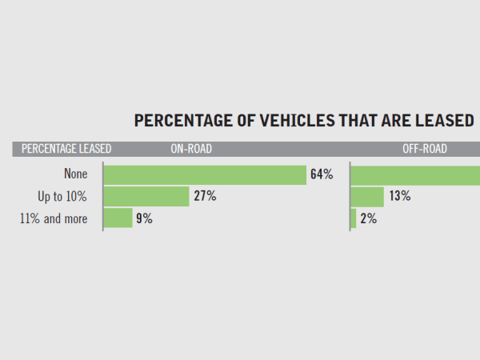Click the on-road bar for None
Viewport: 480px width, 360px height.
(x=205, y=174)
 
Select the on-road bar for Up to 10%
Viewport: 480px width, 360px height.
(x=146, y=196)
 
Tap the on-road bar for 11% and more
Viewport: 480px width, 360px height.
(x=118, y=218)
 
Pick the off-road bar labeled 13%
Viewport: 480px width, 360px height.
(x=368, y=196)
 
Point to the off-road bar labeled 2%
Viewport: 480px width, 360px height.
(x=354, y=218)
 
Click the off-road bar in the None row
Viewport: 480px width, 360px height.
(x=416, y=174)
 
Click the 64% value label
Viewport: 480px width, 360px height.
(x=322, y=174)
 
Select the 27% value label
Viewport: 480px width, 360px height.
(x=205, y=196)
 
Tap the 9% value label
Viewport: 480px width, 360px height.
(x=144, y=218)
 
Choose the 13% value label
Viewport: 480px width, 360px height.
(x=400, y=196)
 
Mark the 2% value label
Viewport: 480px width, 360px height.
(x=368, y=218)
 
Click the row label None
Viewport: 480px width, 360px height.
(x=76, y=174)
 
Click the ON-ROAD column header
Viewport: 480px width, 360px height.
(x=190, y=149)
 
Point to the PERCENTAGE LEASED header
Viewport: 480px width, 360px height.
(x=66, y=149)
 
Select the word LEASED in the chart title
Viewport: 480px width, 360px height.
(x=446, y=121)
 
